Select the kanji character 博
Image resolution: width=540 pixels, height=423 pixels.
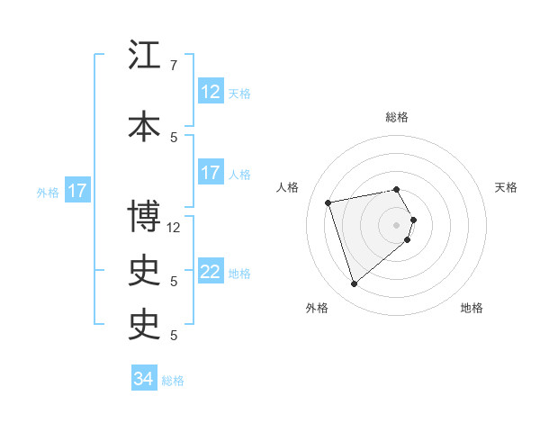pyautogui.click(x=145, y=217)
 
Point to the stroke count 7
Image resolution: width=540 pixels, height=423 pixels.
pyautogui.click(x=174, y=66)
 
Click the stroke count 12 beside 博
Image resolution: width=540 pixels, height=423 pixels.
pyautogui.click(x=174, y=227)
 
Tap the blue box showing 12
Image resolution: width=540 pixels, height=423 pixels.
pyautogui.click(x=210, y=92)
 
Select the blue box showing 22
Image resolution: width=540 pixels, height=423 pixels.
pyautogui.click(x=210, y=272)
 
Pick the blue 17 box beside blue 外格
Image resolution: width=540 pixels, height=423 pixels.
pyautogui.click(x=76, y=191)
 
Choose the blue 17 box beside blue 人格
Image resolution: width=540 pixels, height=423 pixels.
pyautogui.click(x=210, y=173)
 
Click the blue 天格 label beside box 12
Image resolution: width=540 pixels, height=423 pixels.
pyautogui.click(x=239, y=93)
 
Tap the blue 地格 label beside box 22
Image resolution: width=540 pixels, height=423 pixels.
pyautogui.click(x=239, y=273)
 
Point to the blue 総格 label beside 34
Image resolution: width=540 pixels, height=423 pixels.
pyautogui.click(x=173, y=380)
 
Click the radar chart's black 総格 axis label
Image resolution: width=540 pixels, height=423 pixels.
pyautogui.click(x=397, y=117)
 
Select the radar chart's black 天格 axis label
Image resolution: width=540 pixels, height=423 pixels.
pyautogui.click(x=507, y=187)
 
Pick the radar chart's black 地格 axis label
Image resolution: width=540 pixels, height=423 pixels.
pyautogui.click(x=472, y=308)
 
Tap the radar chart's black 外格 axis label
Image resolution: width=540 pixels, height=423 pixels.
pyautogui.click(x=317, y=308)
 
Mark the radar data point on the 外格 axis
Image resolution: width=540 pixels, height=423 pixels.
pyautogui.click(x=355, y=283)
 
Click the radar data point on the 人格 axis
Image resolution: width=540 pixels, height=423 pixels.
pyautogui.click(x=328, y=202)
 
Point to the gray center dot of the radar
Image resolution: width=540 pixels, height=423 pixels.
pyautogui.click(x=397, y=224)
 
